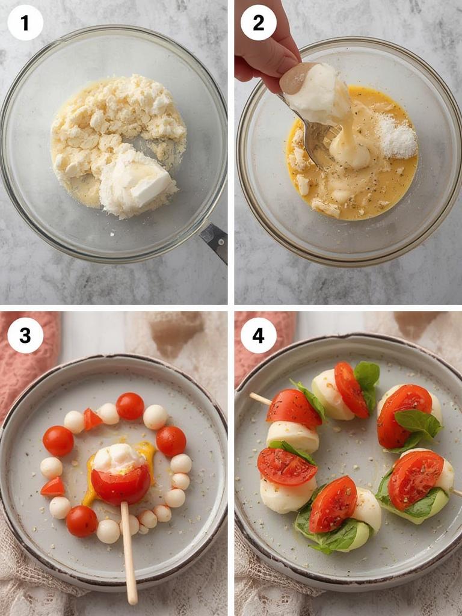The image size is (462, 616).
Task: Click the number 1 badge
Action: [25, 23]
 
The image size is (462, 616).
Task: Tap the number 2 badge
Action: [258, 23]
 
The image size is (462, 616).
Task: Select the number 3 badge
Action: [25, 335]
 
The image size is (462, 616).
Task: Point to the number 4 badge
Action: [258, 335]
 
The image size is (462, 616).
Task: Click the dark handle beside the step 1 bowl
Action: [214, 241]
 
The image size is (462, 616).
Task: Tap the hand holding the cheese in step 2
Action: [265, 54]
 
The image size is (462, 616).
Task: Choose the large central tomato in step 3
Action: [121, 485]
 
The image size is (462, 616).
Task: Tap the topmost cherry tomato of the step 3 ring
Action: [130, 406]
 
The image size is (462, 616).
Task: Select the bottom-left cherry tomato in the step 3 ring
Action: [81, 521]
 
